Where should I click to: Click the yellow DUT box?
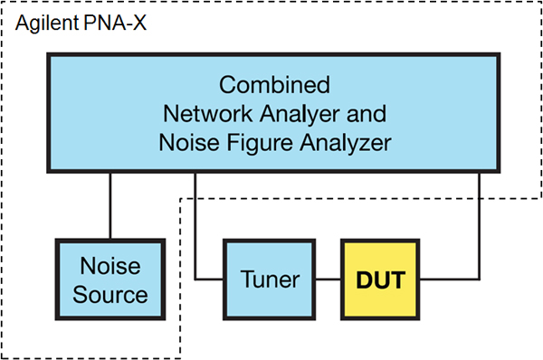coord(381,279)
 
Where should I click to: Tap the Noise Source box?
coord(110,280)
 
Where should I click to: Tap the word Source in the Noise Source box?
coord(110,295)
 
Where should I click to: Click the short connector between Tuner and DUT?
coord(328,280)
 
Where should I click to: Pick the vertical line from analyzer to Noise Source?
coord(110,204)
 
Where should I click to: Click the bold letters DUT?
coord(381,280)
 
